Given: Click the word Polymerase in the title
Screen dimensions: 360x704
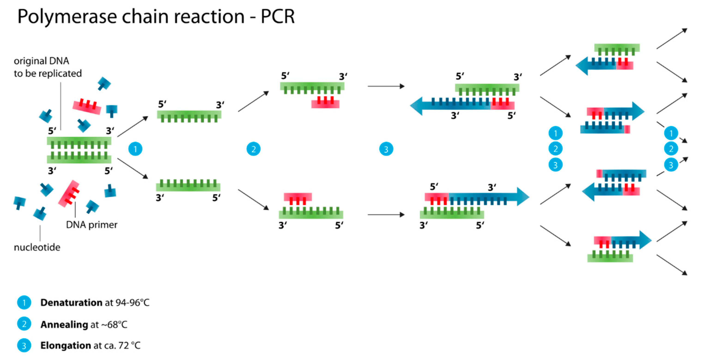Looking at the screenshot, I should (x=67, y=17).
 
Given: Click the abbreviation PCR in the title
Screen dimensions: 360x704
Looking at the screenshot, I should (x=277, y=17).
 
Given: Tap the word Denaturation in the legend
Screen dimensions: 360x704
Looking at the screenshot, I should (x=71, y=303).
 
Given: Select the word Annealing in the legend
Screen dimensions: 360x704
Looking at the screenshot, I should (x=64, y=324).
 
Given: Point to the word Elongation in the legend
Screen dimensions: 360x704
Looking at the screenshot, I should (x=66, y=345).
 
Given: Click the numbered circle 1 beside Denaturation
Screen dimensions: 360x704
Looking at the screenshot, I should (x=24, y=303).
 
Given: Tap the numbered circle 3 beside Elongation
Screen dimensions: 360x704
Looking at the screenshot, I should (x=24, y=345).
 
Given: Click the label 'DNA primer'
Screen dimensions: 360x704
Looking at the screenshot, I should (x=91, y=225).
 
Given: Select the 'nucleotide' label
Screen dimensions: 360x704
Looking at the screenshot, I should (x=37, y=247).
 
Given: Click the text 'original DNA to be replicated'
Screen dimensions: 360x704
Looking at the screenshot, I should (x=48, y=67).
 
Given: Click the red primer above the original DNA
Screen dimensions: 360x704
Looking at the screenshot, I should (x=87, y=107).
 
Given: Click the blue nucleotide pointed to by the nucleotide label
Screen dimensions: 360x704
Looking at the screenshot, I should (x=40, y=214).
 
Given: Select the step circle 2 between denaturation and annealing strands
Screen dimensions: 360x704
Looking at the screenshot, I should (x=253, y=149).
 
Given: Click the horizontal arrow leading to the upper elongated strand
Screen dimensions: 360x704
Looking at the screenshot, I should (x=386, y=86).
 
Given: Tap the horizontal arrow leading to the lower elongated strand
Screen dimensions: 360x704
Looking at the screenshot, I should (x=386, y=215).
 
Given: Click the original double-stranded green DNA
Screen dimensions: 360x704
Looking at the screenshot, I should (x=79, y=150).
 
